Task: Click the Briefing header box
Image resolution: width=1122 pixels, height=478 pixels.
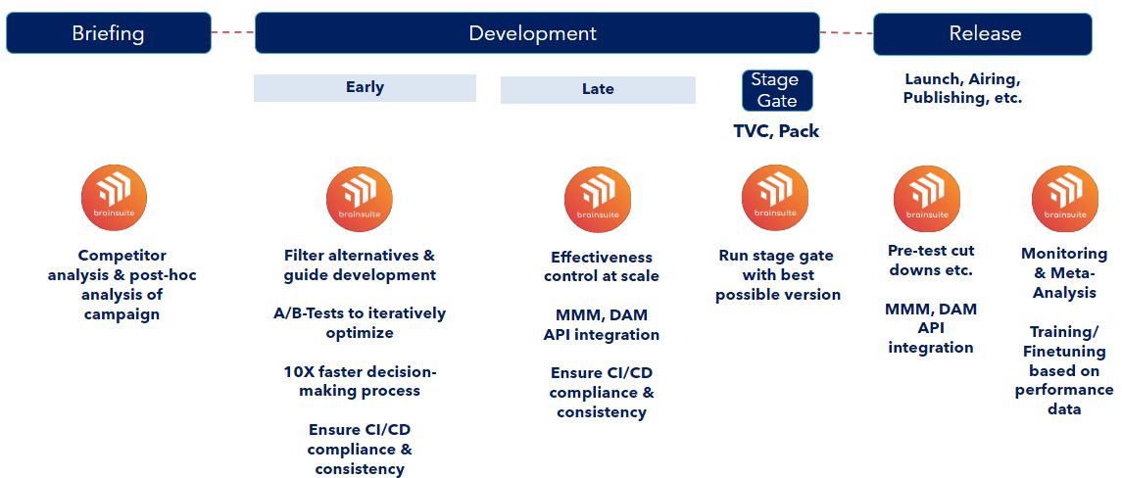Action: point(109,33)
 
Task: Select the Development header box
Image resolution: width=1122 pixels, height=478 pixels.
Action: point(537,33)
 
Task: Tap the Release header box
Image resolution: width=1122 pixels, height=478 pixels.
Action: point(983,33)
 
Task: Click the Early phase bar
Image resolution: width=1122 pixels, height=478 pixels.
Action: point(365,88)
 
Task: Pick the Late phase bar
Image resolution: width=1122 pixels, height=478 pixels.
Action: point(598,90)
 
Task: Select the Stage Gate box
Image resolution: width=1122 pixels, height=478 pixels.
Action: point(777,90)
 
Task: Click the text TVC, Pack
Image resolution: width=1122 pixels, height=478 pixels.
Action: point(776,131)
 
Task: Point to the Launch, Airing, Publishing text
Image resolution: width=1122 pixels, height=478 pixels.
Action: point(962,89)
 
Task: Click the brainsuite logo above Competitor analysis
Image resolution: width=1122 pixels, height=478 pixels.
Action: point(114,198)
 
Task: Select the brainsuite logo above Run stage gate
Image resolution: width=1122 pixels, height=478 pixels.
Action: point(775,198)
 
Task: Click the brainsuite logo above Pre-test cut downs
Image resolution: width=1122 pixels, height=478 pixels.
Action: point(927,198)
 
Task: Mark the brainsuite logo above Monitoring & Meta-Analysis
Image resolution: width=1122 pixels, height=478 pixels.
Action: point(1064,198)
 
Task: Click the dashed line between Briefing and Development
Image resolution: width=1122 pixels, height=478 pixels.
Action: point(233,32)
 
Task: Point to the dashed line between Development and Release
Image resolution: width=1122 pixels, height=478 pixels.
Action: point(847,33)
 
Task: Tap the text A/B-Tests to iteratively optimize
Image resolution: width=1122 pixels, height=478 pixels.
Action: point(360,322)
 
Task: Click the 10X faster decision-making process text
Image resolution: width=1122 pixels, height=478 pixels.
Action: point(360,381)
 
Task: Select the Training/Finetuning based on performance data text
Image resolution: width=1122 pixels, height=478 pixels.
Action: point(1064,370)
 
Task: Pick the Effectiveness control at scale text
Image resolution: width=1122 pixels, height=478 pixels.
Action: point(601,266)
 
